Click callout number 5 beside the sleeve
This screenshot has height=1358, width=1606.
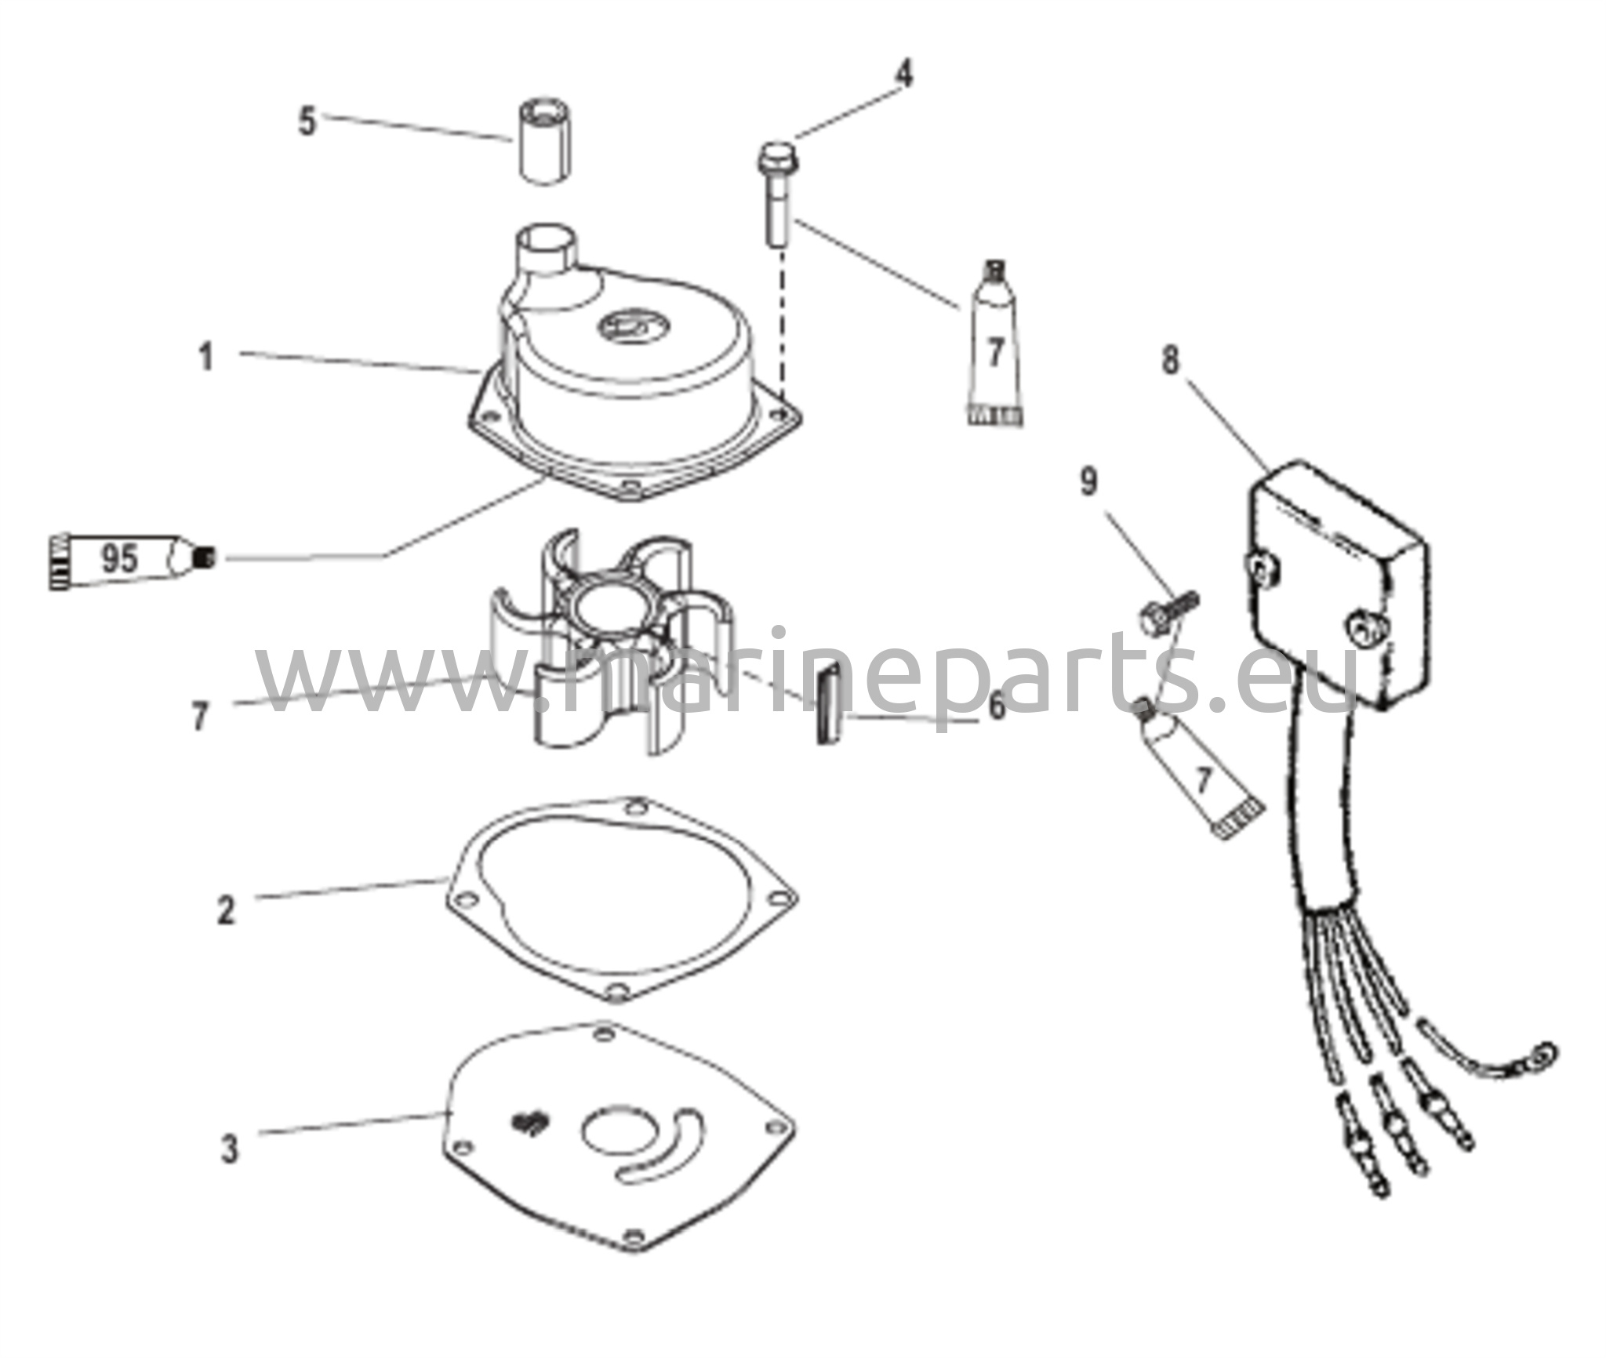click(x=307, y=123)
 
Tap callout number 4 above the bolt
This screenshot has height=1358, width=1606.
click(x=904, y=74)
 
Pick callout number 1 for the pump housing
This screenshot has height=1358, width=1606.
click(x=206, y=358)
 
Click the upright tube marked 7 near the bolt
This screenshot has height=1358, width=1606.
click(x=994, y=345)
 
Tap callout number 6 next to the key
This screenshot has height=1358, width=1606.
click(x=996, y=707)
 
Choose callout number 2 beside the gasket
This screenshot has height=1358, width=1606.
click(x=226, y=910)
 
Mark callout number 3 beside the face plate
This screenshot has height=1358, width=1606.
click(x=228, y=1149)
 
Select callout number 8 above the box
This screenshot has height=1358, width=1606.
click(x=1170, y=361)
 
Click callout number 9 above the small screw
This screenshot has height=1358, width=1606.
click(x=1089, y=481)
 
